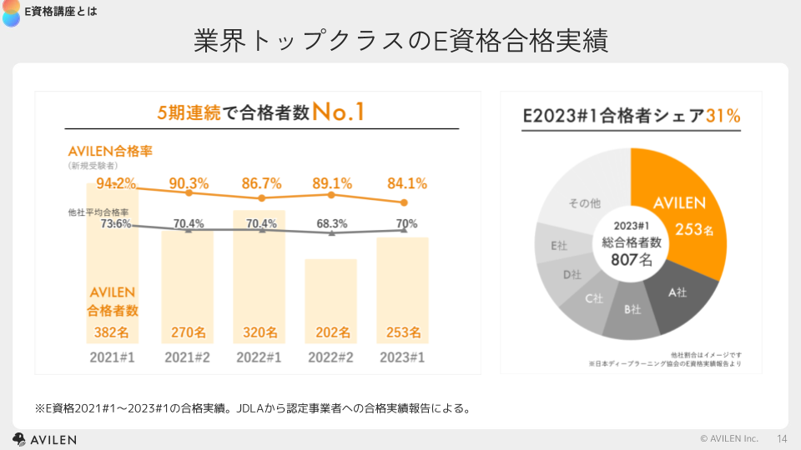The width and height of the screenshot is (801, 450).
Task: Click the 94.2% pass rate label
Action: point(116,183)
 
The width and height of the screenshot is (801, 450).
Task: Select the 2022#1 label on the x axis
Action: point(260,357)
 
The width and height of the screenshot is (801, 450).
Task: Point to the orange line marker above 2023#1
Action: point(404,202)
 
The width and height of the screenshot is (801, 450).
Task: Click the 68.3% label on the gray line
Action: point(332,223)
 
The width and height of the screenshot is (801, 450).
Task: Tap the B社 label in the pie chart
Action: point(633,310)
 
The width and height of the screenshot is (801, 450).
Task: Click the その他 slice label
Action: point(585,202)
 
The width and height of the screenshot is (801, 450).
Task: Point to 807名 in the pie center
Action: point(632,259)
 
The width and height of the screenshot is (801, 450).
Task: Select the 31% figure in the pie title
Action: point(723,116)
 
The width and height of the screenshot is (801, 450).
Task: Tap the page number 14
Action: point(782,438)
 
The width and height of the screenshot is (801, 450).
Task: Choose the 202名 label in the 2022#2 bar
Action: point(332,332)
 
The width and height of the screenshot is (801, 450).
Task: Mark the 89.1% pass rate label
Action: point(331,183)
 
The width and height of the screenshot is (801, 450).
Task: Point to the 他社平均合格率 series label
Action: point(98,212)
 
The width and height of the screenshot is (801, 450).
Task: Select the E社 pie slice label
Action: point(560,247)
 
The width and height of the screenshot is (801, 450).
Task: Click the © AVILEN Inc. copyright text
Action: point(729,438)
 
